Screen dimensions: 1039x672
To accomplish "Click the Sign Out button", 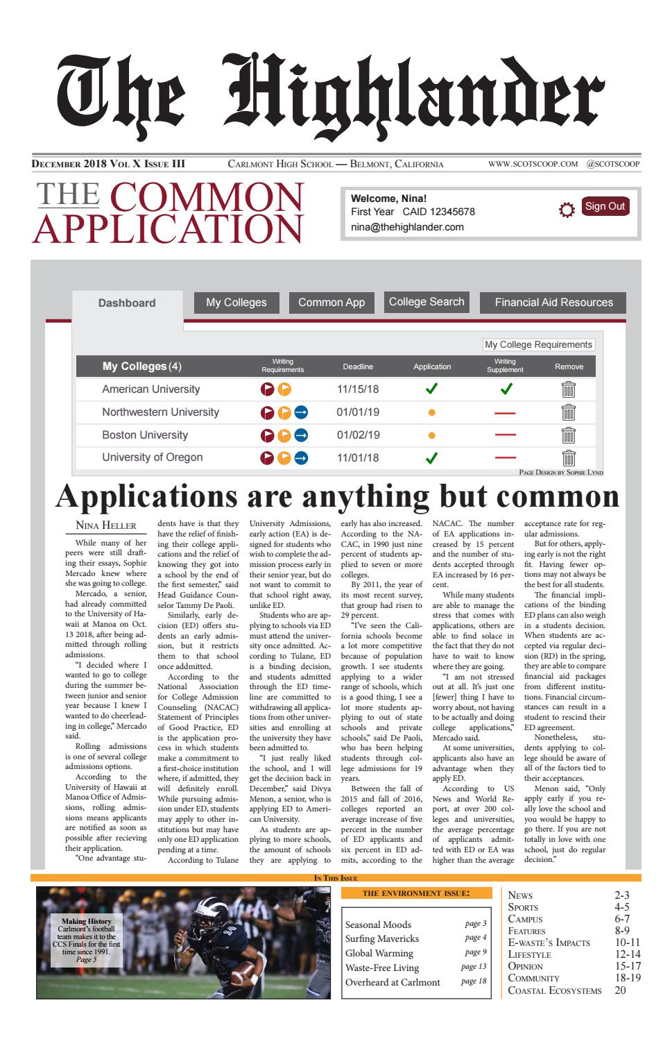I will coord(605,206).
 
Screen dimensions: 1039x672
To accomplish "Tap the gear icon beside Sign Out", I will coord(567,210).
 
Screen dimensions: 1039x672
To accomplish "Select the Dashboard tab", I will coord(127,303).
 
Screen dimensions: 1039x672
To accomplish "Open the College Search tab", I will coord(427,302).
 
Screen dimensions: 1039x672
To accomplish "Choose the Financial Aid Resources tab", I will coord(553,303).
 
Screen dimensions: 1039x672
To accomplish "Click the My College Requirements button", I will coord(538,344).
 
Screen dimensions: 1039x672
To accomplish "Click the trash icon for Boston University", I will coord(569,435).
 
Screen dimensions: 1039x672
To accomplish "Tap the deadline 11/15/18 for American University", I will coord(358,389).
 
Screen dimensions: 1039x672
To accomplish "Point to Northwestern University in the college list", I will coord(160,412).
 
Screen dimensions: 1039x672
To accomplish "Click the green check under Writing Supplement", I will coord(506,389).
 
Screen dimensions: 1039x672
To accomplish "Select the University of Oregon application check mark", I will coord(431,458).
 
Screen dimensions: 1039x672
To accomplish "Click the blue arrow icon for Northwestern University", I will coord(301,413).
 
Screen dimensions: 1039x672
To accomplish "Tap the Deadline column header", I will coord(358,366).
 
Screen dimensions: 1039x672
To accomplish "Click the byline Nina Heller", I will coord(105,525).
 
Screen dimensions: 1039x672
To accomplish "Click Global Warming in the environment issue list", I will coord(379,953).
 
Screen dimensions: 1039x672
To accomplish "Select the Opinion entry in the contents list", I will coord(526,965).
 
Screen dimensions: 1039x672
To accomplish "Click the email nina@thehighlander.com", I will coord(407,227).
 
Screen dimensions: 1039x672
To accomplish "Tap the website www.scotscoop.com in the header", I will coord(533,164).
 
